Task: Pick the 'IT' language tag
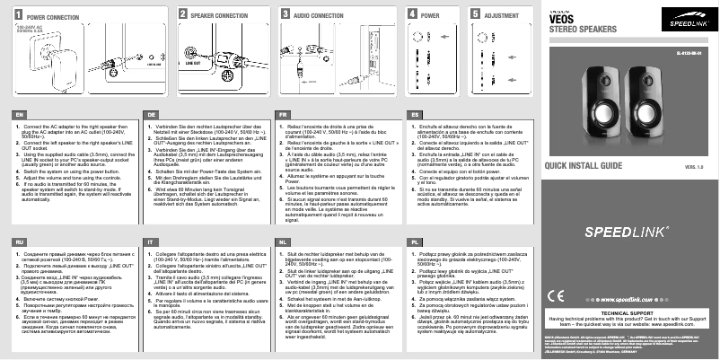pyautogui.click(x=152, y=242)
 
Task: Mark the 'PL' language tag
pyautogui.click(x=416, y=242)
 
